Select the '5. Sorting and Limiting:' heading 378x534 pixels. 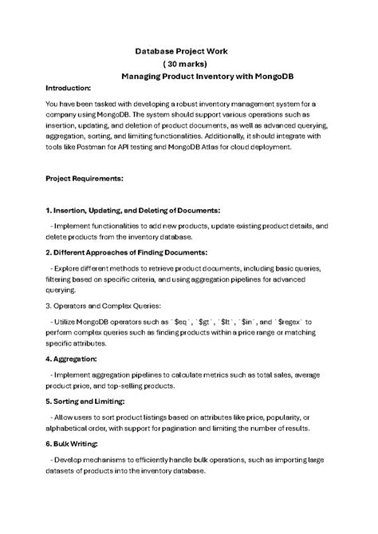pos(89,401)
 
